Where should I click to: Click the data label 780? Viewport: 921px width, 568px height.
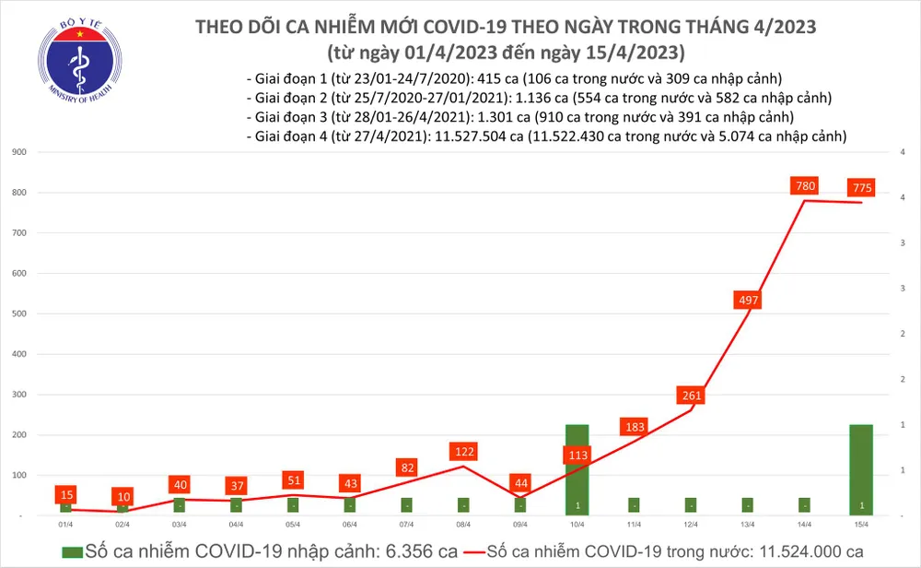804,187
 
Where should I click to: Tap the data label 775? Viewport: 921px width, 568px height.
862,188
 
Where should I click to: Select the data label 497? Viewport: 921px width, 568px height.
747,300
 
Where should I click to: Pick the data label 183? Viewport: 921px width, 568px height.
633,427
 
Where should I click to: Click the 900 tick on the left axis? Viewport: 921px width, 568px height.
17,152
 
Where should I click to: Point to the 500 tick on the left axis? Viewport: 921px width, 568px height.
17,314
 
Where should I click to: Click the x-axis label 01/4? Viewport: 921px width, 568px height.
65,524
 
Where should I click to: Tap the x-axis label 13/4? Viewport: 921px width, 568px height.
747,524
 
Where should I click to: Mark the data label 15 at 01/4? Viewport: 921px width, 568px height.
64,495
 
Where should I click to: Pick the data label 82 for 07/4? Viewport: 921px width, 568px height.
406,468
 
